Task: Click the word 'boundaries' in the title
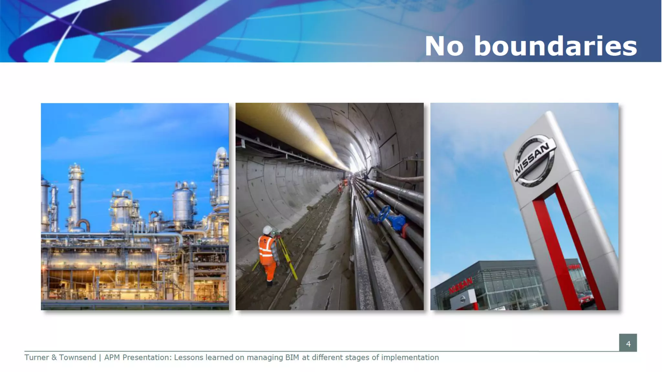pyautogui.click(x=555, y=46)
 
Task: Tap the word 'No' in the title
pyautogui.click(x=444, y=46)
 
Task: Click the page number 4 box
pyautogui.click(x=628, y=343)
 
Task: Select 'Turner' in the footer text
pyautogui.click(x=36, y=357)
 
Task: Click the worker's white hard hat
pyautogui.click(x=267, y=229)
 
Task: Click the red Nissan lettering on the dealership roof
pyautogui.click(x=461, y=285)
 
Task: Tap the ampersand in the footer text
pyautogui.click(x=54, y=357)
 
